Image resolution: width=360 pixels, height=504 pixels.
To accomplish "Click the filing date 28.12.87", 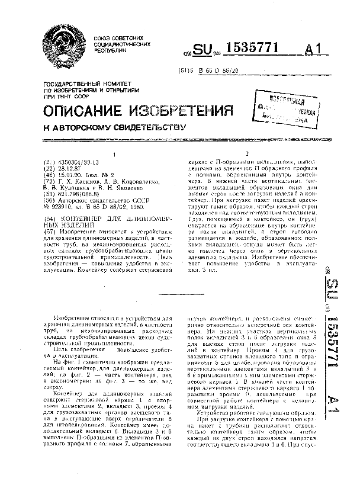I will (x=66, y=167).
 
